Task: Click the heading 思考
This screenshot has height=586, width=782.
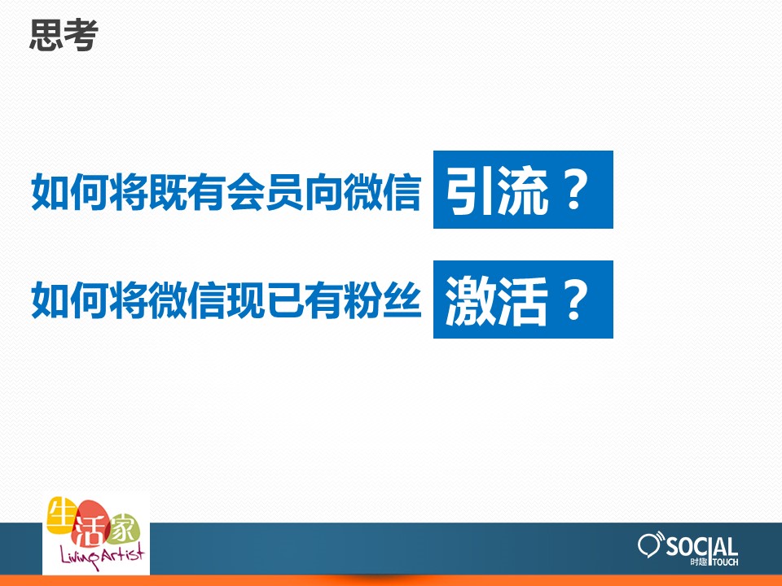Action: coord(64,35)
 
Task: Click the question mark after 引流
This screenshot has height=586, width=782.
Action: coord(574,191)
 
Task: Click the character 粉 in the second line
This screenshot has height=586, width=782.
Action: coord(362,300)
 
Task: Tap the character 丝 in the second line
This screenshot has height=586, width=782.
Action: coord(402,300)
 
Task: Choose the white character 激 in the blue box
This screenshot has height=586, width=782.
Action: coord(469,300)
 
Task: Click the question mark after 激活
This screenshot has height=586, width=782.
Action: coord(574,301)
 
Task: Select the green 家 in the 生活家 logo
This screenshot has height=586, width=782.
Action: coord(122,529)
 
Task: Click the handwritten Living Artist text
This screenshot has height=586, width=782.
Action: coord(103,554)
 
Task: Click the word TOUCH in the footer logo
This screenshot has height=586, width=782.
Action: coord(726,562)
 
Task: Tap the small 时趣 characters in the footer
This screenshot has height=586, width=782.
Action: coord(699,562)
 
